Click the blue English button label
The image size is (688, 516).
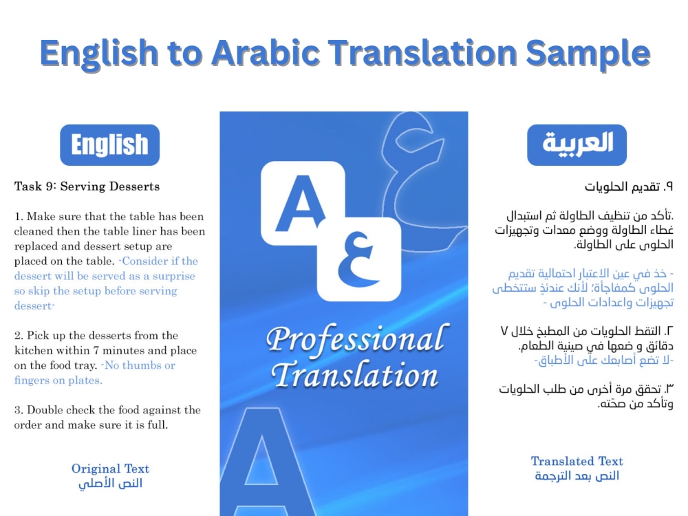(109, 145)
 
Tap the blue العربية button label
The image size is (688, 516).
(577, 144)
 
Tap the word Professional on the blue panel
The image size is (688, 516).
(354, 340)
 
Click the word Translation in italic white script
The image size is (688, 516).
(354, 376)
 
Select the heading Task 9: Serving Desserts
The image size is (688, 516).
(87, 186)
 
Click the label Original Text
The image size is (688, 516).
(110, 469)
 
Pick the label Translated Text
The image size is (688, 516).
(577, 461)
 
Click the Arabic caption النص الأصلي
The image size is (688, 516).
(110, 483)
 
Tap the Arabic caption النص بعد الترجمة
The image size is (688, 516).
(577, 476)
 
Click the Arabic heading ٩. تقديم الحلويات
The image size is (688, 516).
(628, 186)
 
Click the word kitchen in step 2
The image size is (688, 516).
(34, 351)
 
